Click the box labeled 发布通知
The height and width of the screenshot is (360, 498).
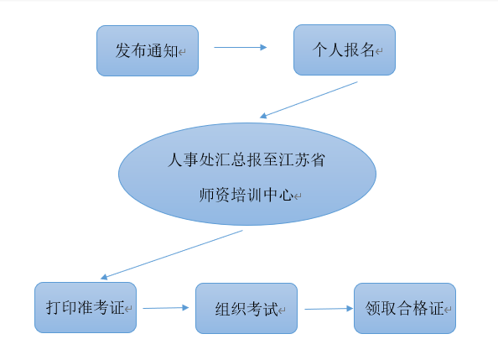[x=148, y=51]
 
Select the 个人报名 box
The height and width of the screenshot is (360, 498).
[x=345, y=50]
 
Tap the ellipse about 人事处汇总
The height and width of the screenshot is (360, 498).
[x=247, y=174]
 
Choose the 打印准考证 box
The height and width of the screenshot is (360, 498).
[x=86, y=307]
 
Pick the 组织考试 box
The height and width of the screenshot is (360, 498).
[x=246, y=309]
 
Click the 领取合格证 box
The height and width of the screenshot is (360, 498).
[x=405, y=309]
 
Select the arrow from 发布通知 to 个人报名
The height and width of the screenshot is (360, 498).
[x=241, y=47]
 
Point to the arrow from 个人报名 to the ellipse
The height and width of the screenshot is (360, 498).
[x=309, y=100]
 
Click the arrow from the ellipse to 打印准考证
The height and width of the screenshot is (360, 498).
[x=172, y=255]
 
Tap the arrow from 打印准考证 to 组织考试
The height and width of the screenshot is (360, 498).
[x=166, y=308]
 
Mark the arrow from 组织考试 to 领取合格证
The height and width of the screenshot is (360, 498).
[x=329, y=309]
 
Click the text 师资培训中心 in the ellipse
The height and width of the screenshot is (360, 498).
[x=246, y=195]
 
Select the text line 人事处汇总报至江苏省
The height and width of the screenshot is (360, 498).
[x=246, y=159]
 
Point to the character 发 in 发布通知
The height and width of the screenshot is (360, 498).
[x=123, y=50]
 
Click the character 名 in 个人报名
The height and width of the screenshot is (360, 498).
[x=367, y=50]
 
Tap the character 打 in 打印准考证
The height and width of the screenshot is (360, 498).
[x=54, y=307]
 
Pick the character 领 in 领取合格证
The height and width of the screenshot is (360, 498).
[x=373, y=308]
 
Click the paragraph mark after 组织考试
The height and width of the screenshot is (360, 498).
[x=282, y=310]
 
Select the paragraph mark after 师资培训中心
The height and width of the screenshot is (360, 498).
[x=298, y=196]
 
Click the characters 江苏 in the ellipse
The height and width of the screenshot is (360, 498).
[x=293, y=159]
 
